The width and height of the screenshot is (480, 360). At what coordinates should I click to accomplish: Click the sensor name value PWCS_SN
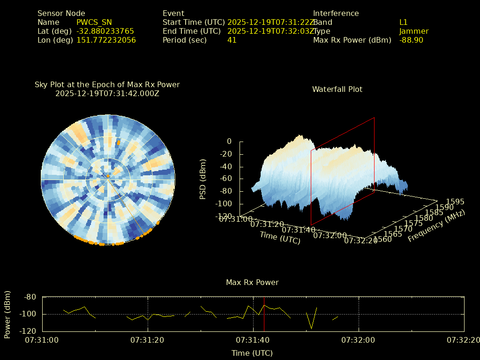coord(94,22)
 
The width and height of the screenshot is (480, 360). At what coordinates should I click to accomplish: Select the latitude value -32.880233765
coord(105,31)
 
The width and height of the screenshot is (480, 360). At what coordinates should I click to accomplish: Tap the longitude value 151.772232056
coord(106,40)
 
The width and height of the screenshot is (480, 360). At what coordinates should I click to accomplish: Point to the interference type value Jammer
coord(413,31)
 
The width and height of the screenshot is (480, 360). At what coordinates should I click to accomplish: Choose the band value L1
coord(403,22)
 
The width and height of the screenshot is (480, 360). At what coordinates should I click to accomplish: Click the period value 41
coord(232,40)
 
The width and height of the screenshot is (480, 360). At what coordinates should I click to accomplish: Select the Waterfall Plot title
coord(337,89)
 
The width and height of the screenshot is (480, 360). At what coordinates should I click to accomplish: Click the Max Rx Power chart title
coord(252,282)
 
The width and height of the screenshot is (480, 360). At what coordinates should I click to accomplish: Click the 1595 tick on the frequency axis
coord(455,202)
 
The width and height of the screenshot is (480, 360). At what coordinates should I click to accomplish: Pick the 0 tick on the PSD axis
coord(229,141)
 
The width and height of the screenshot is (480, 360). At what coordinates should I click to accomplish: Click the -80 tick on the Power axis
coord(30,297)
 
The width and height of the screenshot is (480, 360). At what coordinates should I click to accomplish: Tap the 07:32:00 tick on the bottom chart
coord(359,339)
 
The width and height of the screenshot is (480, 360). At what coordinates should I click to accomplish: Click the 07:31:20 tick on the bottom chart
coord(148,339)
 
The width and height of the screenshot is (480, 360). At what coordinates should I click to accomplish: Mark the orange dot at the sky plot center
coord(108,176)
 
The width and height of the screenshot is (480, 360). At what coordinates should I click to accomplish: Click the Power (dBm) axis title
coord(7,314)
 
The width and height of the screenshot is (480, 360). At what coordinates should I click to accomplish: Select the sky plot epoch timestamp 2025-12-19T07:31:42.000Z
coord(107,93)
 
